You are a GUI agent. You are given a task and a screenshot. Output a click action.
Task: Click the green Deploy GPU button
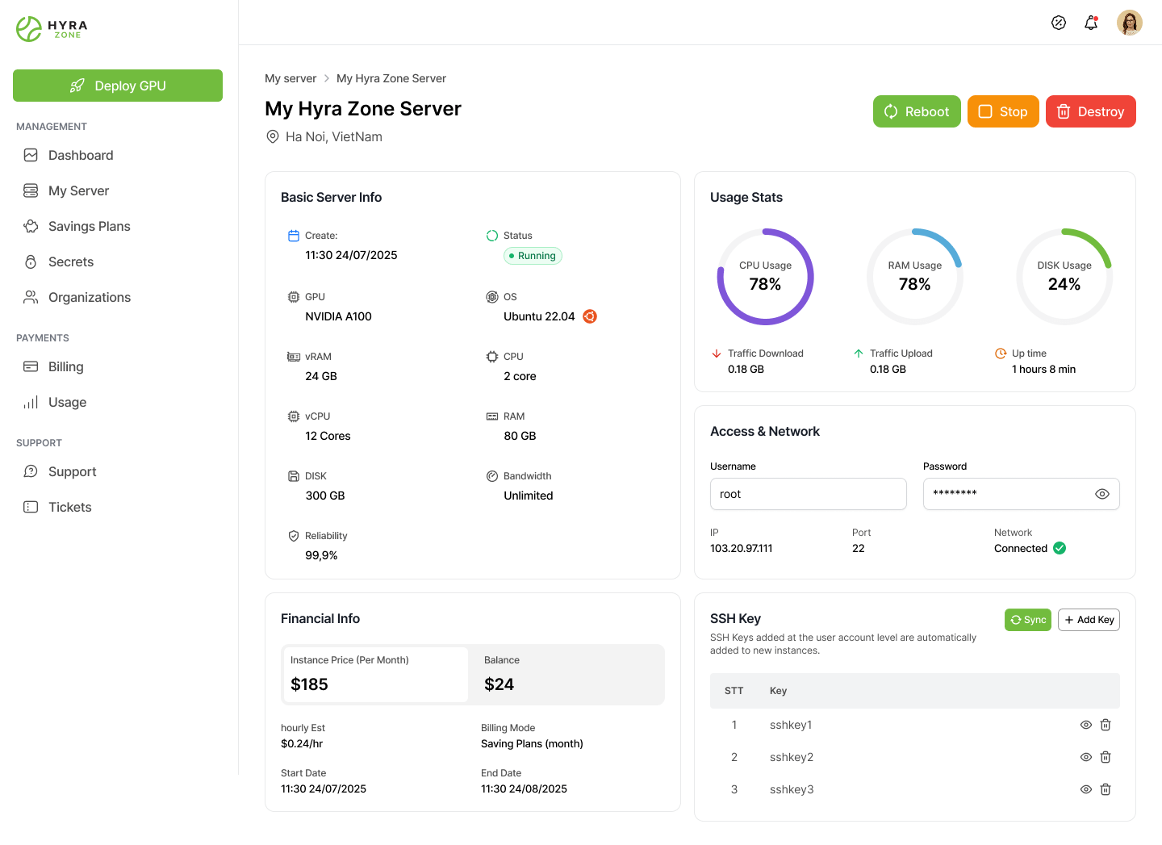pos(118,86)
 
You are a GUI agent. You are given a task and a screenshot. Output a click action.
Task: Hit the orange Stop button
pos(1003,111)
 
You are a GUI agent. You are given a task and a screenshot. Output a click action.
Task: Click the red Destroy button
pos(1090,111)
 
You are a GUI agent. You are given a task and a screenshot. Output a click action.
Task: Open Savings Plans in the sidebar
pos(89,226)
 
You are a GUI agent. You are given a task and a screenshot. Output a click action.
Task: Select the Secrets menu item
pos(71,261)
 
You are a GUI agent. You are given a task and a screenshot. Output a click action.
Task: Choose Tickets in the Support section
pos(69,507)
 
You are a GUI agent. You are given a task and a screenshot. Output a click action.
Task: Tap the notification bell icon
pos(1091,23)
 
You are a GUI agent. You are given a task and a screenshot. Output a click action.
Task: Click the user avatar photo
pos(1130,23)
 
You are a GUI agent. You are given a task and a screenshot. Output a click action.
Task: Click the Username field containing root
pos(808,494)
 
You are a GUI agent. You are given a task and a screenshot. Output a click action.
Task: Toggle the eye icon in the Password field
pos(1102,494)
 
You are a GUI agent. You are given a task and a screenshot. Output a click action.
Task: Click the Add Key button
pos(1089,620)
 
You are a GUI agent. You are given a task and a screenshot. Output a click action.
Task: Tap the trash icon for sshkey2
pos(1106,757)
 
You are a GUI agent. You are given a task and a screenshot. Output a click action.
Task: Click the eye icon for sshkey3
pos(1086,789)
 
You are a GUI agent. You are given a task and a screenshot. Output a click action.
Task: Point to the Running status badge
pos(533,256)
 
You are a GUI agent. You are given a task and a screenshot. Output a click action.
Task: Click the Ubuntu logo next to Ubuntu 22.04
pos(590,316)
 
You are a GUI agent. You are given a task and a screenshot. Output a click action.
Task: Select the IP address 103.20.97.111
pos(741,548)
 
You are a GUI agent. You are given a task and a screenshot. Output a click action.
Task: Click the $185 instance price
pos(309,684)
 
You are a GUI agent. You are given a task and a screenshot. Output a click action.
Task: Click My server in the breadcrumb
pos(290,78)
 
